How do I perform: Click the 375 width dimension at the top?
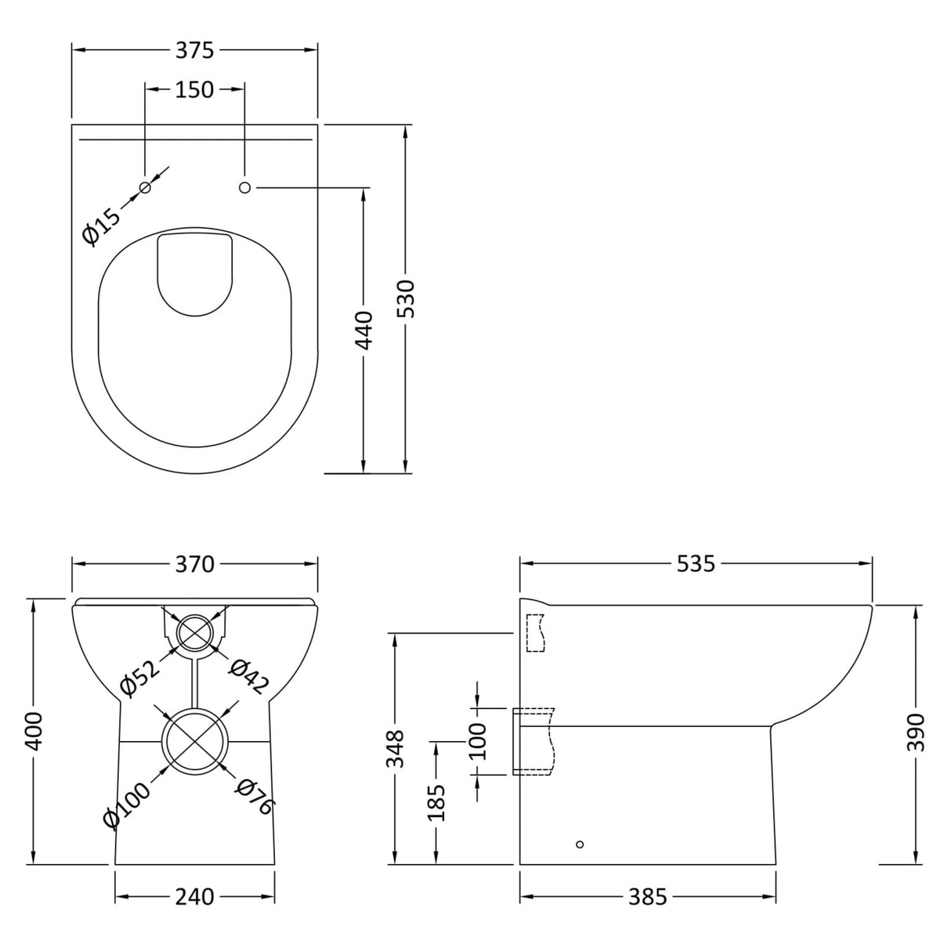coord(194,50)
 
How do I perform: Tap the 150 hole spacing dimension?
coord(194,89)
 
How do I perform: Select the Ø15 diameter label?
coord(102,225)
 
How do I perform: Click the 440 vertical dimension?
coord(364,330)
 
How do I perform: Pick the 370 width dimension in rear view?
coord(194,564)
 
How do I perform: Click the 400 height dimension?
coord(33,731)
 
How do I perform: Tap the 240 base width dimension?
coord(194,896)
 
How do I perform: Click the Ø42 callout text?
coord(248,676)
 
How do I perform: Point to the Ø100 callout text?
coord(125,806)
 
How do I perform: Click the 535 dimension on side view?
coord(696,563)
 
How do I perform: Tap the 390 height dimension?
coord(916,732)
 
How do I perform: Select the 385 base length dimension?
coord(647,896)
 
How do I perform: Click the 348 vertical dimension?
coord(396,748)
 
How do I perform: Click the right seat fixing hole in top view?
coord(244,187)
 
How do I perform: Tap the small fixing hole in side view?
coord(579,844)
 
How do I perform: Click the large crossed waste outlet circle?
coord(194,741)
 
